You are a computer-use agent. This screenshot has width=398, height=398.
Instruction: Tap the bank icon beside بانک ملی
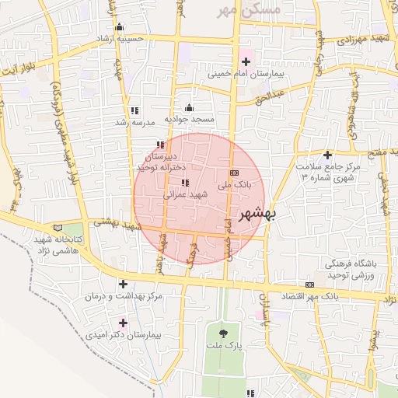tap(234, 173)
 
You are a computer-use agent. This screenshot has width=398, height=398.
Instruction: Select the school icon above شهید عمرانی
tap(184, 183)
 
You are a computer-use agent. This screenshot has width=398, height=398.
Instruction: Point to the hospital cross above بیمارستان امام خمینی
tap(246, 61)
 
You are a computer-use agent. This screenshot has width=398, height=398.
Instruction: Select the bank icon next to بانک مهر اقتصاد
tap(310, 285)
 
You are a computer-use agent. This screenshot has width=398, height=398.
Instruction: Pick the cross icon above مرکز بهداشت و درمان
tap(123, 284)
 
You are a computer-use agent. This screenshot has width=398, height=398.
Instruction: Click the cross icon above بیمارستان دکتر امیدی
tap(123, 322)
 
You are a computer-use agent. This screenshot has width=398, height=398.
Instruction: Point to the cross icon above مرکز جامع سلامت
tap(327, 155)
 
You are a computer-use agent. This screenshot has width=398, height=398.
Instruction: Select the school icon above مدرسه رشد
tap(136, 110)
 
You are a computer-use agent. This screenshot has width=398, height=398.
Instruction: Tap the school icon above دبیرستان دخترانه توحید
tap(160, 145)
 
